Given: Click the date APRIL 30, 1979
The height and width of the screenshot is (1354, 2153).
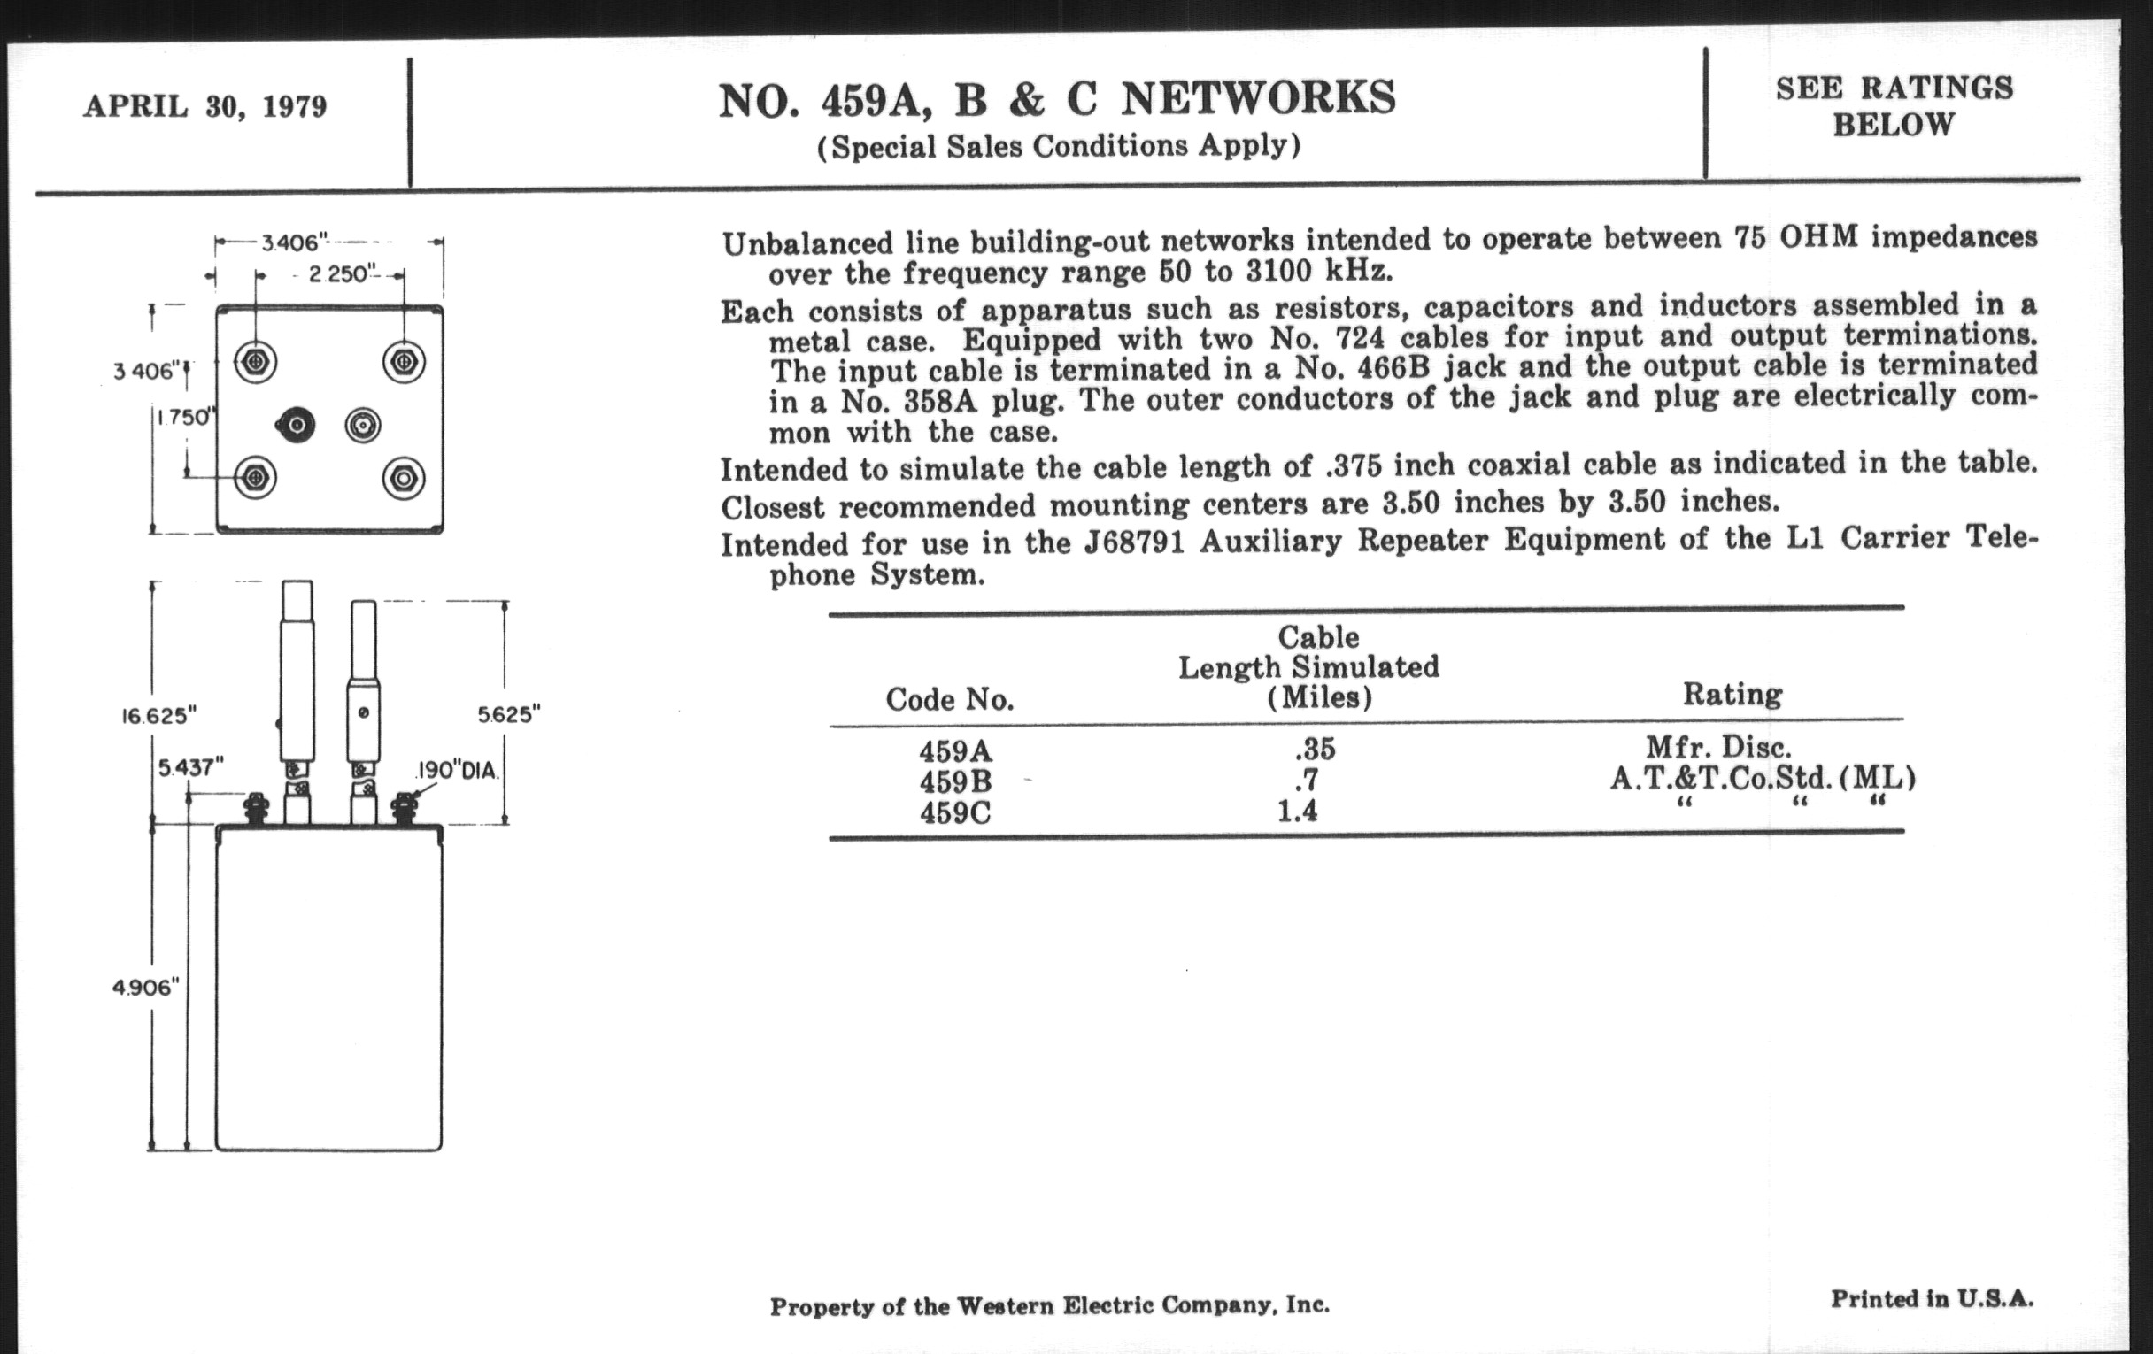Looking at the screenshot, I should point(205,107).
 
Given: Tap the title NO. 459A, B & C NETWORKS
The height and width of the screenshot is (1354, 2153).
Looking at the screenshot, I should point(1057,98).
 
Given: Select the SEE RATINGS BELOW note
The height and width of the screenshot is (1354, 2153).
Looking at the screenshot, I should point(1894,105).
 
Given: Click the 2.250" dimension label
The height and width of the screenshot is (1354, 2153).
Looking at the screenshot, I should point(339,274).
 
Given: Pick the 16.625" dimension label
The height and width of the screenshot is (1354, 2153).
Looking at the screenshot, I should point(158,716).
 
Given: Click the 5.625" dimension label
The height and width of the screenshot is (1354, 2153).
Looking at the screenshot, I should point(510,714).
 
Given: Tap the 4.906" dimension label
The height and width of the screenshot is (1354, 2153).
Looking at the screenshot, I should point(146,987).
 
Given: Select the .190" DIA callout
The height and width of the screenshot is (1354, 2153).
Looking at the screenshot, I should point(457,771).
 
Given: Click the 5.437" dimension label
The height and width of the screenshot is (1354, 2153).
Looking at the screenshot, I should point(190,766).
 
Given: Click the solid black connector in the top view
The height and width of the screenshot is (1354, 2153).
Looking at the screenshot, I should point(295,426).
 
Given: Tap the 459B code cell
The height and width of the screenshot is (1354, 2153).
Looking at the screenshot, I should point(956,782).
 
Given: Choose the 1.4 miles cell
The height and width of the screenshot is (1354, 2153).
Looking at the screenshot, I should point(1297,812).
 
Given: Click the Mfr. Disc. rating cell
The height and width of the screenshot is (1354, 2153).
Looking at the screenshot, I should point(1718,746).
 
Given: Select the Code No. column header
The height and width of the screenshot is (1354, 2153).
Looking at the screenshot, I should point(950,699).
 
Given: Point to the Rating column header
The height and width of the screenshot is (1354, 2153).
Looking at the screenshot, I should point(1732,694).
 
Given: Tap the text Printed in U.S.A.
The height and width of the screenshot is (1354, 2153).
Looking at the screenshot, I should point(1933,1298).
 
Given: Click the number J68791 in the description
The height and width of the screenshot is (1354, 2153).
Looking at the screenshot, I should point(1134,542).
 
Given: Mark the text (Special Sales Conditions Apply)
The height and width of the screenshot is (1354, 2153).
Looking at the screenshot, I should point(1059,146).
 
